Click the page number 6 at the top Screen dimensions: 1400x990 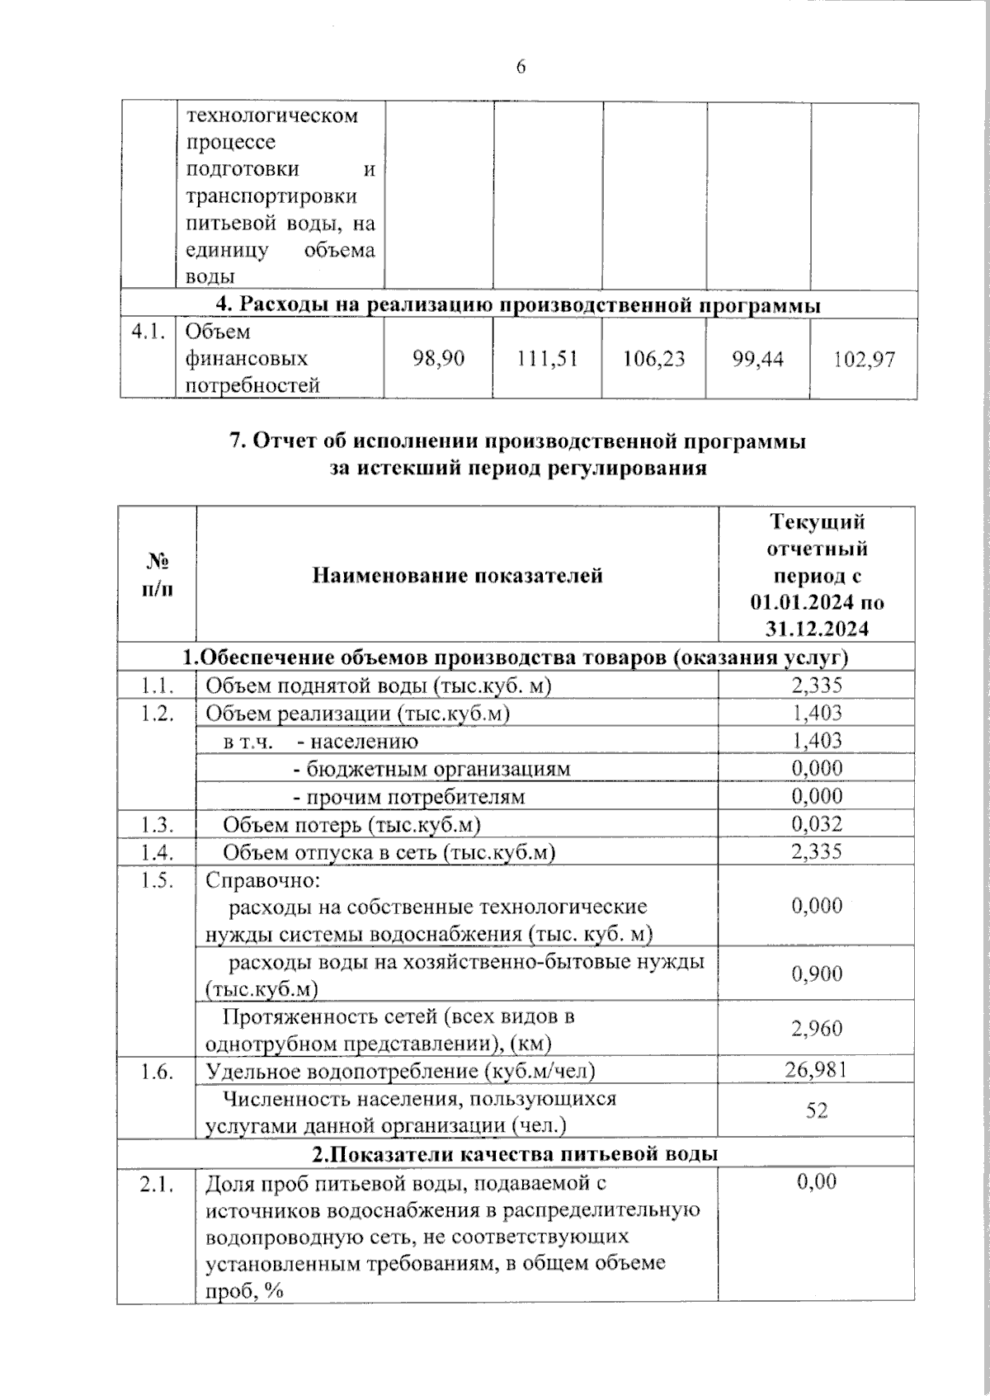pos(521,67)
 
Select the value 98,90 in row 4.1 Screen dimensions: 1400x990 pos(438,358)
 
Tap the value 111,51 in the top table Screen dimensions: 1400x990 pos(547,358)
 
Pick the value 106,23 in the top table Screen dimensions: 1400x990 pos(654,358)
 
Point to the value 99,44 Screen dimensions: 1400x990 pos(757,358)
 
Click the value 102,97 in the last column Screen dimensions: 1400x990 pos(864,360)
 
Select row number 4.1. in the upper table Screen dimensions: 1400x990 pos(148,332)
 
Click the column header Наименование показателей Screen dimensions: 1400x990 pos(457,575)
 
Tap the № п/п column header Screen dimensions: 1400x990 pos(157,575)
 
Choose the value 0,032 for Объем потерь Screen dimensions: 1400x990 pos(817,823)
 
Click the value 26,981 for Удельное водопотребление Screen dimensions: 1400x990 pos(817,1070)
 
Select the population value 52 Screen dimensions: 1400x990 pos(817,1110)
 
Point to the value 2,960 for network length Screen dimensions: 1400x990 pos(817,1028)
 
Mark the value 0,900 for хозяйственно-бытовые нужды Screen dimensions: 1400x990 pos(817,973)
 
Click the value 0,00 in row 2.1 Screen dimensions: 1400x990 pos(817,1181)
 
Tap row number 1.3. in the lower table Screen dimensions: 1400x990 pos(157,824)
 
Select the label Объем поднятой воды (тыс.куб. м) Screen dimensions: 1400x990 pos(378,686)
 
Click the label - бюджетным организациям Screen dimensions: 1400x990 pos(431,769)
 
